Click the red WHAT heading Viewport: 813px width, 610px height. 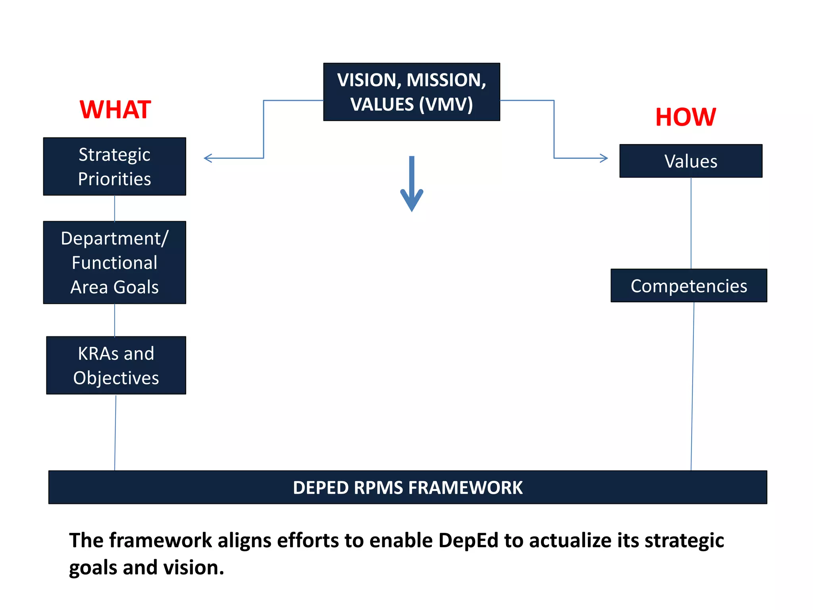[115, 110]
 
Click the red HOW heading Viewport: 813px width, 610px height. [686, 117]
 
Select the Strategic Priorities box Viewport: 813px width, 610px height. [114, 166]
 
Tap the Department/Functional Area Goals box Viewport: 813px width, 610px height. [114, 263]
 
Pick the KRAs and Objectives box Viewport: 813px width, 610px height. [116, 365]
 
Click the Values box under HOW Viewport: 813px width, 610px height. [691, 161]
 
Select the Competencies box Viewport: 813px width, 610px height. [689, 286]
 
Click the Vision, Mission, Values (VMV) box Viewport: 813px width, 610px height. [411, 92]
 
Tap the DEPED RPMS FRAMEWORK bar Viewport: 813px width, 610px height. [407, 487]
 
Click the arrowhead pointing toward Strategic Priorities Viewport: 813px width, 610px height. [207, 158]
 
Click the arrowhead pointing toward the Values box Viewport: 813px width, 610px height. [604, 158]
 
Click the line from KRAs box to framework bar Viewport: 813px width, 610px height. [116, 433]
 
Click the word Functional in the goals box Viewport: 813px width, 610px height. [114, 263]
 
